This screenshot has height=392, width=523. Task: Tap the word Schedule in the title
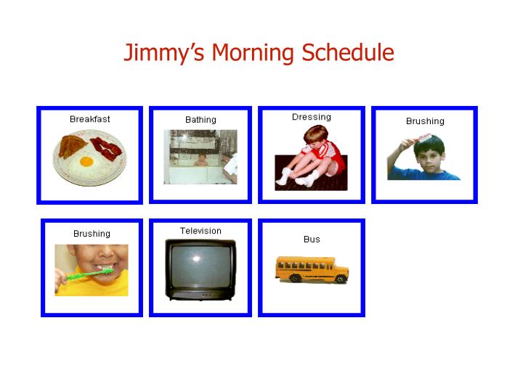[x=347, y=53]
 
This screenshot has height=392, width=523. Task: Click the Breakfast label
[x=90, y=119]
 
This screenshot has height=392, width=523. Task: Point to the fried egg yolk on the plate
[x=87, y=161]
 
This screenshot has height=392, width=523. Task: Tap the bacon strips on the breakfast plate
[x=107, y=150]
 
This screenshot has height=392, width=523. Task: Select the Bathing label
[x=200, y=120]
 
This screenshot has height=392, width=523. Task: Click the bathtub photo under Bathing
[x=200, y=157]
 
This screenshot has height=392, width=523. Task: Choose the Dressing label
[x=311, y=117]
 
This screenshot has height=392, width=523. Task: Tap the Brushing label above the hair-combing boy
[x=425, y=121]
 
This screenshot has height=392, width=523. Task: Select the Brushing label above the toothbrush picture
[x=92, y=234]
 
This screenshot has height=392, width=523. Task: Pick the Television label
[x=200, y=231]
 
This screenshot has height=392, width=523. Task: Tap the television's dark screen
[x=199, y=266]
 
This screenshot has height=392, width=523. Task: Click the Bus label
[x=312, y=239]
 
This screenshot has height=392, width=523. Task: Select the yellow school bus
[x=312, y=269]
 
